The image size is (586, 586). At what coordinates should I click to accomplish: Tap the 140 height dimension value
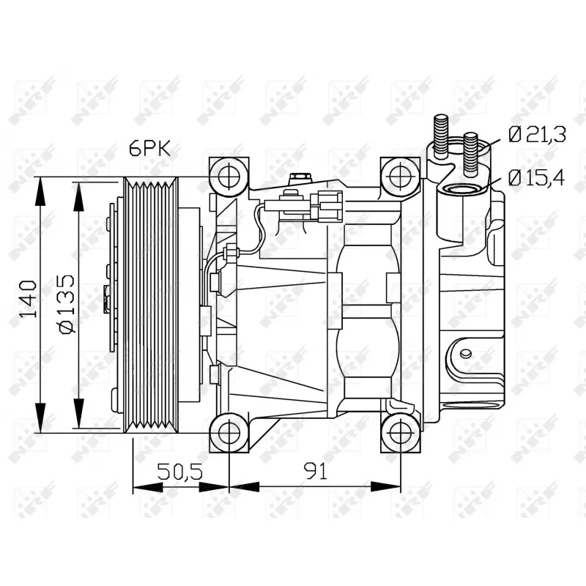pos(29,298)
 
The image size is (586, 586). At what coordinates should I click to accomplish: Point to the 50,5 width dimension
pos(181,472)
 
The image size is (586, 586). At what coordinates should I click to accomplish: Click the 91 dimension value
pos(315,472)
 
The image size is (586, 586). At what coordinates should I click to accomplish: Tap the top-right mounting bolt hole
pos(400,176)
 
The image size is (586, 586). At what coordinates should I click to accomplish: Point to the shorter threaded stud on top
pos(471,152)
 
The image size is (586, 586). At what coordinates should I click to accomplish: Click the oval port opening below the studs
pos(460,191)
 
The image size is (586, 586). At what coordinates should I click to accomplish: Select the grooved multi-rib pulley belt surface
pos(152,304)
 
